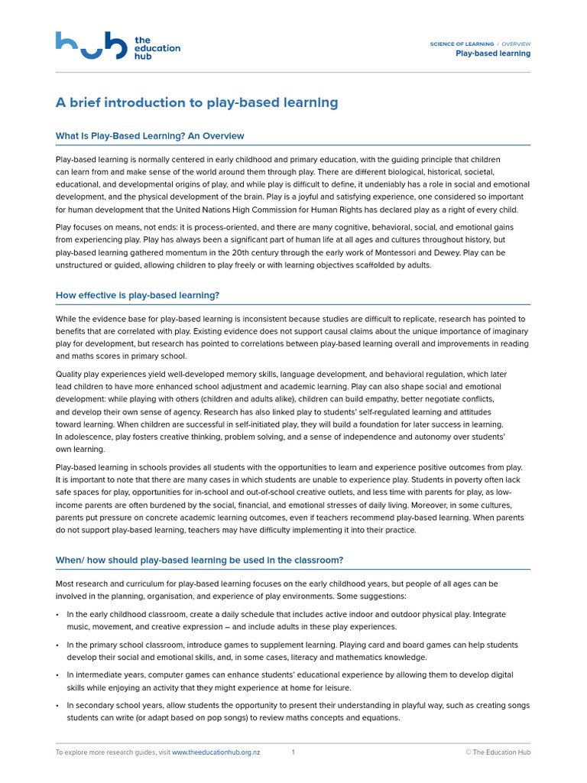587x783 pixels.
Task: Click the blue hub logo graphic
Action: pos(90,46)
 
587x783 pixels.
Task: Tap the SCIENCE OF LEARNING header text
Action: pos(462,44)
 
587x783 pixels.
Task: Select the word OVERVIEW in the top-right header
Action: pos(516,44)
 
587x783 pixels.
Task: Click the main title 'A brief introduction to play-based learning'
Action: pos(196,102)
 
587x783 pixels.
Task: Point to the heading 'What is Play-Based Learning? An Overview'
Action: pos(150,136)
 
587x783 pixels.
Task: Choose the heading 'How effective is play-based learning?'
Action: pos(138,295)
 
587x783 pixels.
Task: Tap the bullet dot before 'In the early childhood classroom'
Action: pos(58,615)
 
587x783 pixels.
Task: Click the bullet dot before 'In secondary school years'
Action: pos(58,706)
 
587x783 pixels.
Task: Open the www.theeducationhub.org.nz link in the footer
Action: pos(216,752)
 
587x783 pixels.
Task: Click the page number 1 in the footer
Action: pos(293,752)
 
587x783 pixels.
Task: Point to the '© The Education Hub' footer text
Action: pos(498,752)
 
